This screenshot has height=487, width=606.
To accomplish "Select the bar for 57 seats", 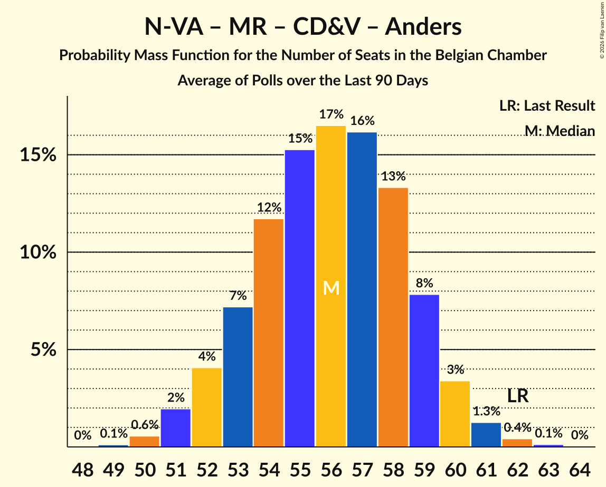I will (x=362, y=289).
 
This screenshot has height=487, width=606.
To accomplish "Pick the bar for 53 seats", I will (x=238, y=377).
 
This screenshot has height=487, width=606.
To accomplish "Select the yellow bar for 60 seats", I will (x=455, y=414).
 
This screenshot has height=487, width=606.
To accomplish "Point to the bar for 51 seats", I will (x=176, y=428).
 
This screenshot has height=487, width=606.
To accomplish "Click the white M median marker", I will (x=331, y=288).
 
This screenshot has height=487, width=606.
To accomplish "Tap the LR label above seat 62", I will (x=518, y=396).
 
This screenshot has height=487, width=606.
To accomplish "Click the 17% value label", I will (x=331, y=114).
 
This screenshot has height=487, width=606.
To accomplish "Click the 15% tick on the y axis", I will (x=38, y=155).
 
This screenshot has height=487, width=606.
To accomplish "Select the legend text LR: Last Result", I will (x=547, y=106).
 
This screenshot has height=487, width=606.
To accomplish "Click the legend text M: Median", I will (x=560, y=131).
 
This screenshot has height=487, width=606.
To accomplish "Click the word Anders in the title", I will (x=423, y=27).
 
